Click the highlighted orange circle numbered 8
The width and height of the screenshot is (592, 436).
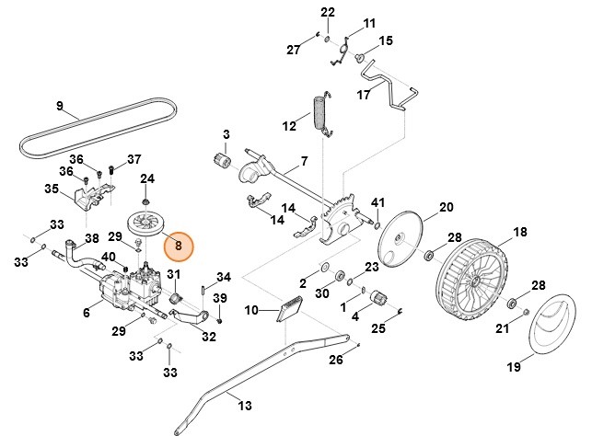pos(178,247)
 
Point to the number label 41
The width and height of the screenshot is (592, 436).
pos(377,201)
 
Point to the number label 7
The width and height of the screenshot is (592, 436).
pos(303,166)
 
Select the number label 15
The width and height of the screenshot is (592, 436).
pos(386,41)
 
